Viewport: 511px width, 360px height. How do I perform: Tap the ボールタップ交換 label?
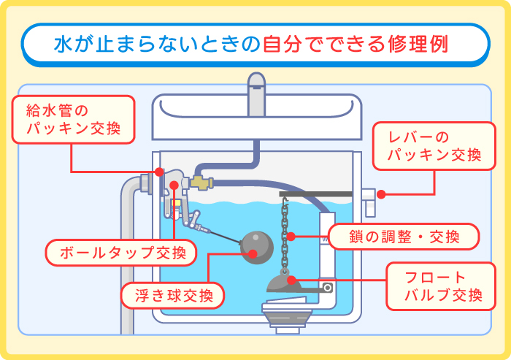(x=121, y=253)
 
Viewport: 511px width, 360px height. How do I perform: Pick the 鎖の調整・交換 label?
(x=403, y=237)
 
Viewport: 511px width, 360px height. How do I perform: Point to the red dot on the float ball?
(x=253, y=254)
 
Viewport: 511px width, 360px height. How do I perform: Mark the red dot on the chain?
(x=291, y=237)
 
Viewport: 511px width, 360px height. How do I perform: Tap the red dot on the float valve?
(x=291, y=279)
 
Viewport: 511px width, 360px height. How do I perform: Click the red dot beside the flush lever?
(x=381, y=194)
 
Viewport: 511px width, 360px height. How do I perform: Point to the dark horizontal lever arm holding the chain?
(x=320, y=194)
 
